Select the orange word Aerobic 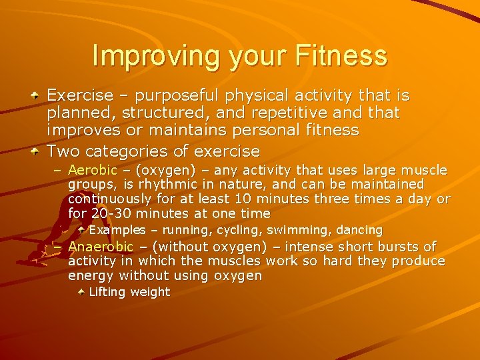[92, 171]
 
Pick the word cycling [241, 230]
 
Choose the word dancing [359, 230]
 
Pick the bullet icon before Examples [81, 229]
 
